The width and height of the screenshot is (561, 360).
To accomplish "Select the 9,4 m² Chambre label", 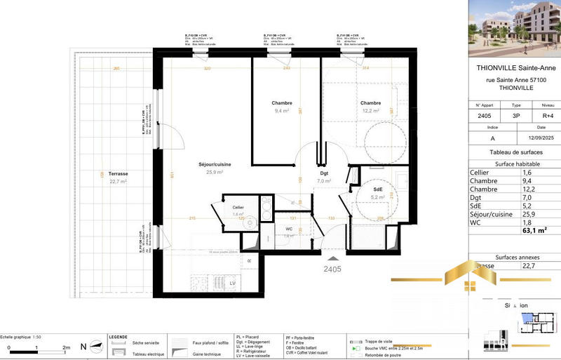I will tap(282, 103).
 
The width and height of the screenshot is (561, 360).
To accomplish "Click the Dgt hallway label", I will tap(323, 173).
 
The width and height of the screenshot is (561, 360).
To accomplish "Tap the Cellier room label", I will tap(238, 208).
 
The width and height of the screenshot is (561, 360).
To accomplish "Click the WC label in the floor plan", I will tap(289, 229).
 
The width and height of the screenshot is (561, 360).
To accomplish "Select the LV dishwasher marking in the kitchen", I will tap(232, 283).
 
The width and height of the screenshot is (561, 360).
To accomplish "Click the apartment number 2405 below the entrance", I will tap(332, 268).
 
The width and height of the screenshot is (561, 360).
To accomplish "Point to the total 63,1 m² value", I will tap(533, 229).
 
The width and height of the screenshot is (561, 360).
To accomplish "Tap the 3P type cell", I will tap(517, 116).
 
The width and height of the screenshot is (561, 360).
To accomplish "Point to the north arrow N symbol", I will tap(84, 346).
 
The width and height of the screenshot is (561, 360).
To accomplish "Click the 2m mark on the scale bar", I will tap(66, 347).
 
